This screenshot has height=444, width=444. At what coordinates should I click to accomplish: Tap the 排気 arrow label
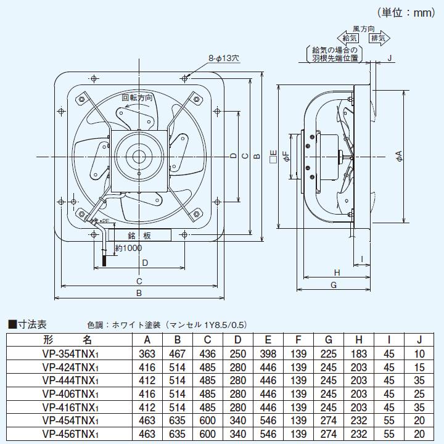point(379,38)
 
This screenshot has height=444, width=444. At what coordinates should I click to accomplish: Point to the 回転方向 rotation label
point(136,97)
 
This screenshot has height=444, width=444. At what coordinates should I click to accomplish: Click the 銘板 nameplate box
point(140,236)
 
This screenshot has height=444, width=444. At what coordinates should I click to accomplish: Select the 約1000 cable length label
point(129,248)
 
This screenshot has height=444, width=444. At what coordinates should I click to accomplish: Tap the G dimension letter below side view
point(333,285)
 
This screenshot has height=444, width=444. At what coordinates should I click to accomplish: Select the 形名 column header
point(68,340)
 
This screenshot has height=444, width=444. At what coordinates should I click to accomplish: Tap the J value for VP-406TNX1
point(419,393)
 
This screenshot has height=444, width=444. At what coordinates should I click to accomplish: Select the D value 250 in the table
point(238,353)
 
